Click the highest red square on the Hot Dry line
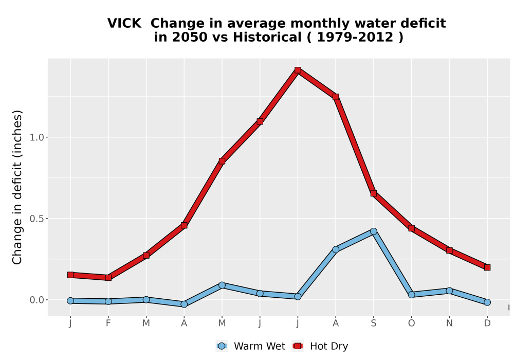[x=298, y=70]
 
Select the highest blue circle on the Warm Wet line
[x=373, y=231]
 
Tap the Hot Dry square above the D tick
[x=487, y=267]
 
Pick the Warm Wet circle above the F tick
[x=108, y=301]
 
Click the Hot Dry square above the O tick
[x=411, y=228]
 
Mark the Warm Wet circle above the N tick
[x=449, y=291]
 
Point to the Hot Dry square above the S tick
[x=373, y=193]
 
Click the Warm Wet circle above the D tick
[x=487, y=302]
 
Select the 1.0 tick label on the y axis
[x=36, y=137]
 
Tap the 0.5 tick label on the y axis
[x=36, y=219]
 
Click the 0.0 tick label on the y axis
[x=36, y=300]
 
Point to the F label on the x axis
[x=108, y=323]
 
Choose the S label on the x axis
[x=373, y=323]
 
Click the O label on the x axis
[x=411, y=323]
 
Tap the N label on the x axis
[x=449, y=323]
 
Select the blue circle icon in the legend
[x=222, y=346]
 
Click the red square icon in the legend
[x=298, y=346]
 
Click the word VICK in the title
[x=124, y=23]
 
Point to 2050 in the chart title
[x=190, y=37]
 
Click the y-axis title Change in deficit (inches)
[x=17, y=187]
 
